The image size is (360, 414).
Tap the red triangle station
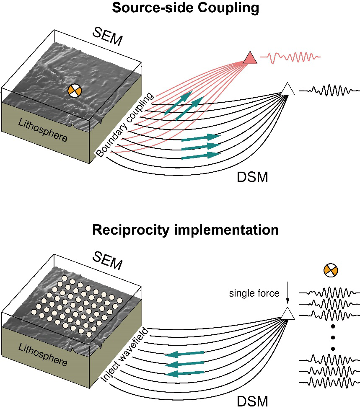coord(250,58)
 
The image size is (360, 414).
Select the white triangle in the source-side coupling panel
coord(287,89)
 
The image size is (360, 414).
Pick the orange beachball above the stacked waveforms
coord(331,270)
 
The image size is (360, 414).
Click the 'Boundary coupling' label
coord(125,125)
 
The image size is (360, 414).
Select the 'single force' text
coord(254,293)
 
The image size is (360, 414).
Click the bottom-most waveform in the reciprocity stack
coord(330,382)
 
